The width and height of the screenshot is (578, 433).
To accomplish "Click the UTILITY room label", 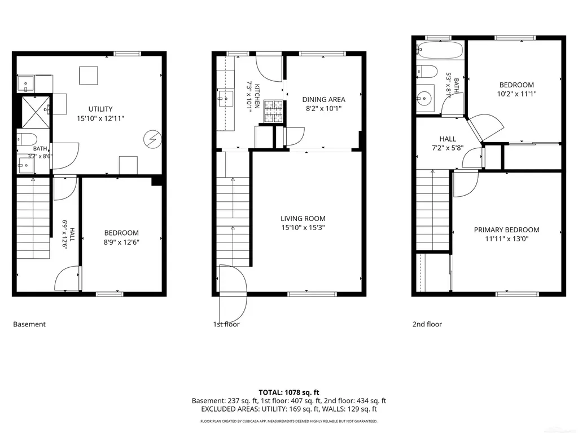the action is [100, 109].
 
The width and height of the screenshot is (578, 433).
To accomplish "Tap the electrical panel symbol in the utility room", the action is [152, 140].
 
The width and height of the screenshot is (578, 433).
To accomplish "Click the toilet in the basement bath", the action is [27, 139].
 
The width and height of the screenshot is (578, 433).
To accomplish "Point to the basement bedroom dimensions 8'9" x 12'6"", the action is [121, 242].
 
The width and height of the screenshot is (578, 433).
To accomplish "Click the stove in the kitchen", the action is [273, 112].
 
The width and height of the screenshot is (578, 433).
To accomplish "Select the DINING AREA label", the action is [323, 99].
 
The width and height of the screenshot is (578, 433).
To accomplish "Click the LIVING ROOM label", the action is [303, 218].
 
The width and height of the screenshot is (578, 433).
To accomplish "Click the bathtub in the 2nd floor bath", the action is [440, 50].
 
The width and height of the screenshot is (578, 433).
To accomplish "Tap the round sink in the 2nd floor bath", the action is [424, 98].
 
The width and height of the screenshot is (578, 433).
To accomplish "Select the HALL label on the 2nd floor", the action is [448, 139].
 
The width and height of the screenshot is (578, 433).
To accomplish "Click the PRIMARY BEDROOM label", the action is [506, 230].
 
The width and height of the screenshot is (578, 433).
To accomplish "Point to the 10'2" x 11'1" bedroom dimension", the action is [516, 94].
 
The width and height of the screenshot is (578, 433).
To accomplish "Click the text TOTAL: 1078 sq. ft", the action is [288, 392].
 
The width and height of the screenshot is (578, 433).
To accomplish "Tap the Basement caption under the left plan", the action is [29, 324].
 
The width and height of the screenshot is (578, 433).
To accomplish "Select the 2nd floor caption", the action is [427, 324].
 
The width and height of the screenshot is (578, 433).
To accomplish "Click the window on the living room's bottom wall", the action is [312, 294].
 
